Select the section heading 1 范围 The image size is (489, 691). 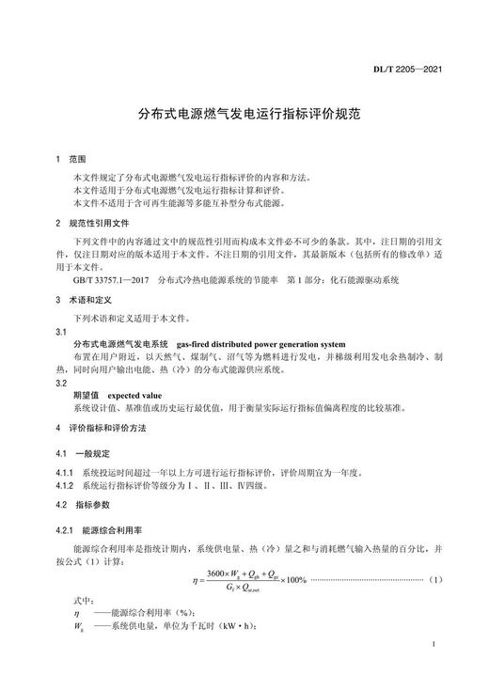click(x=71, y=160)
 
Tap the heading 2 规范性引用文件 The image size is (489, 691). click(x=90, y=224)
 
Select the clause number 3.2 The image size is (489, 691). click(x=61, y=383)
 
